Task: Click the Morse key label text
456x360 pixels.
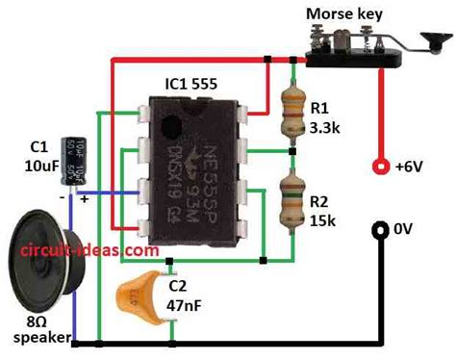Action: pyautogui.click(x=344, y=13)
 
